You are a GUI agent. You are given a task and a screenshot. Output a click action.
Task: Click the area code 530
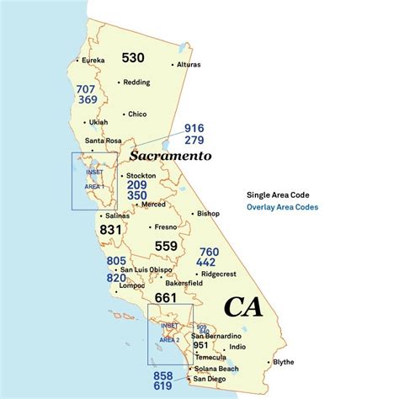133,58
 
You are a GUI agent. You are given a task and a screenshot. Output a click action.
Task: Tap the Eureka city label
92,61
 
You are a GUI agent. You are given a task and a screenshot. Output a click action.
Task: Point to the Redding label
136,82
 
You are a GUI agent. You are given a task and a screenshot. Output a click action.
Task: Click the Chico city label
137,114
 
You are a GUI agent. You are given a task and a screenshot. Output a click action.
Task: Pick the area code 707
88,88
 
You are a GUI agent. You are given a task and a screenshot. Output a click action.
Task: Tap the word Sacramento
170,156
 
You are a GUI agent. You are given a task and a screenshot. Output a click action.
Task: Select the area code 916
194,128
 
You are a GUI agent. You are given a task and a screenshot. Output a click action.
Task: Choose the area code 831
111,228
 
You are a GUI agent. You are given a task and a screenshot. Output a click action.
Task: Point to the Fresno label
163,226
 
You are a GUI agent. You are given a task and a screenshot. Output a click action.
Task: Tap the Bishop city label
207,214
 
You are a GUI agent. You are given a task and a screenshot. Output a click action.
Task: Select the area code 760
209,251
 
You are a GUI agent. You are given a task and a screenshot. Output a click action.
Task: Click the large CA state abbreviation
242,306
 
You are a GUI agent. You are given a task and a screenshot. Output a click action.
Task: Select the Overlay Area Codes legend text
282,207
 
